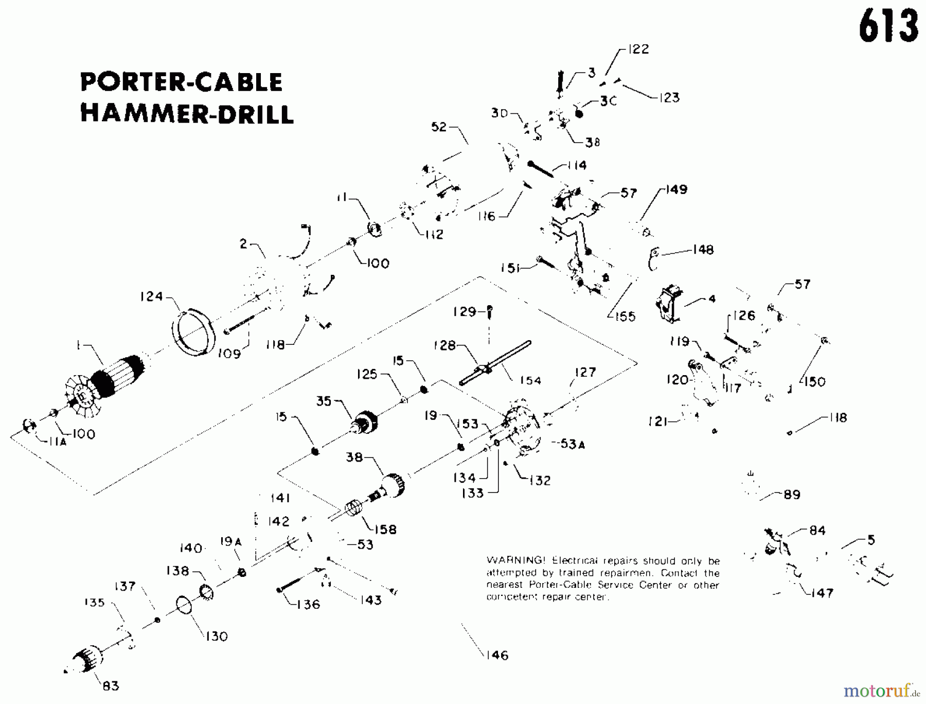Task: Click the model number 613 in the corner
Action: click(888, 27)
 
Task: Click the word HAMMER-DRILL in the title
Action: click(187, 114)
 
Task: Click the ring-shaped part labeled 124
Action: click(192, 332)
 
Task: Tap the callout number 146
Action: click(496, 655)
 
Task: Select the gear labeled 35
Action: click(366, 423)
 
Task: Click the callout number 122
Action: click(638, 49)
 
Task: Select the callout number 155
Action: click(625, 316)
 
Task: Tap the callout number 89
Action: click(792, 495)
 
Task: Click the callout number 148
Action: click(703, 250)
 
